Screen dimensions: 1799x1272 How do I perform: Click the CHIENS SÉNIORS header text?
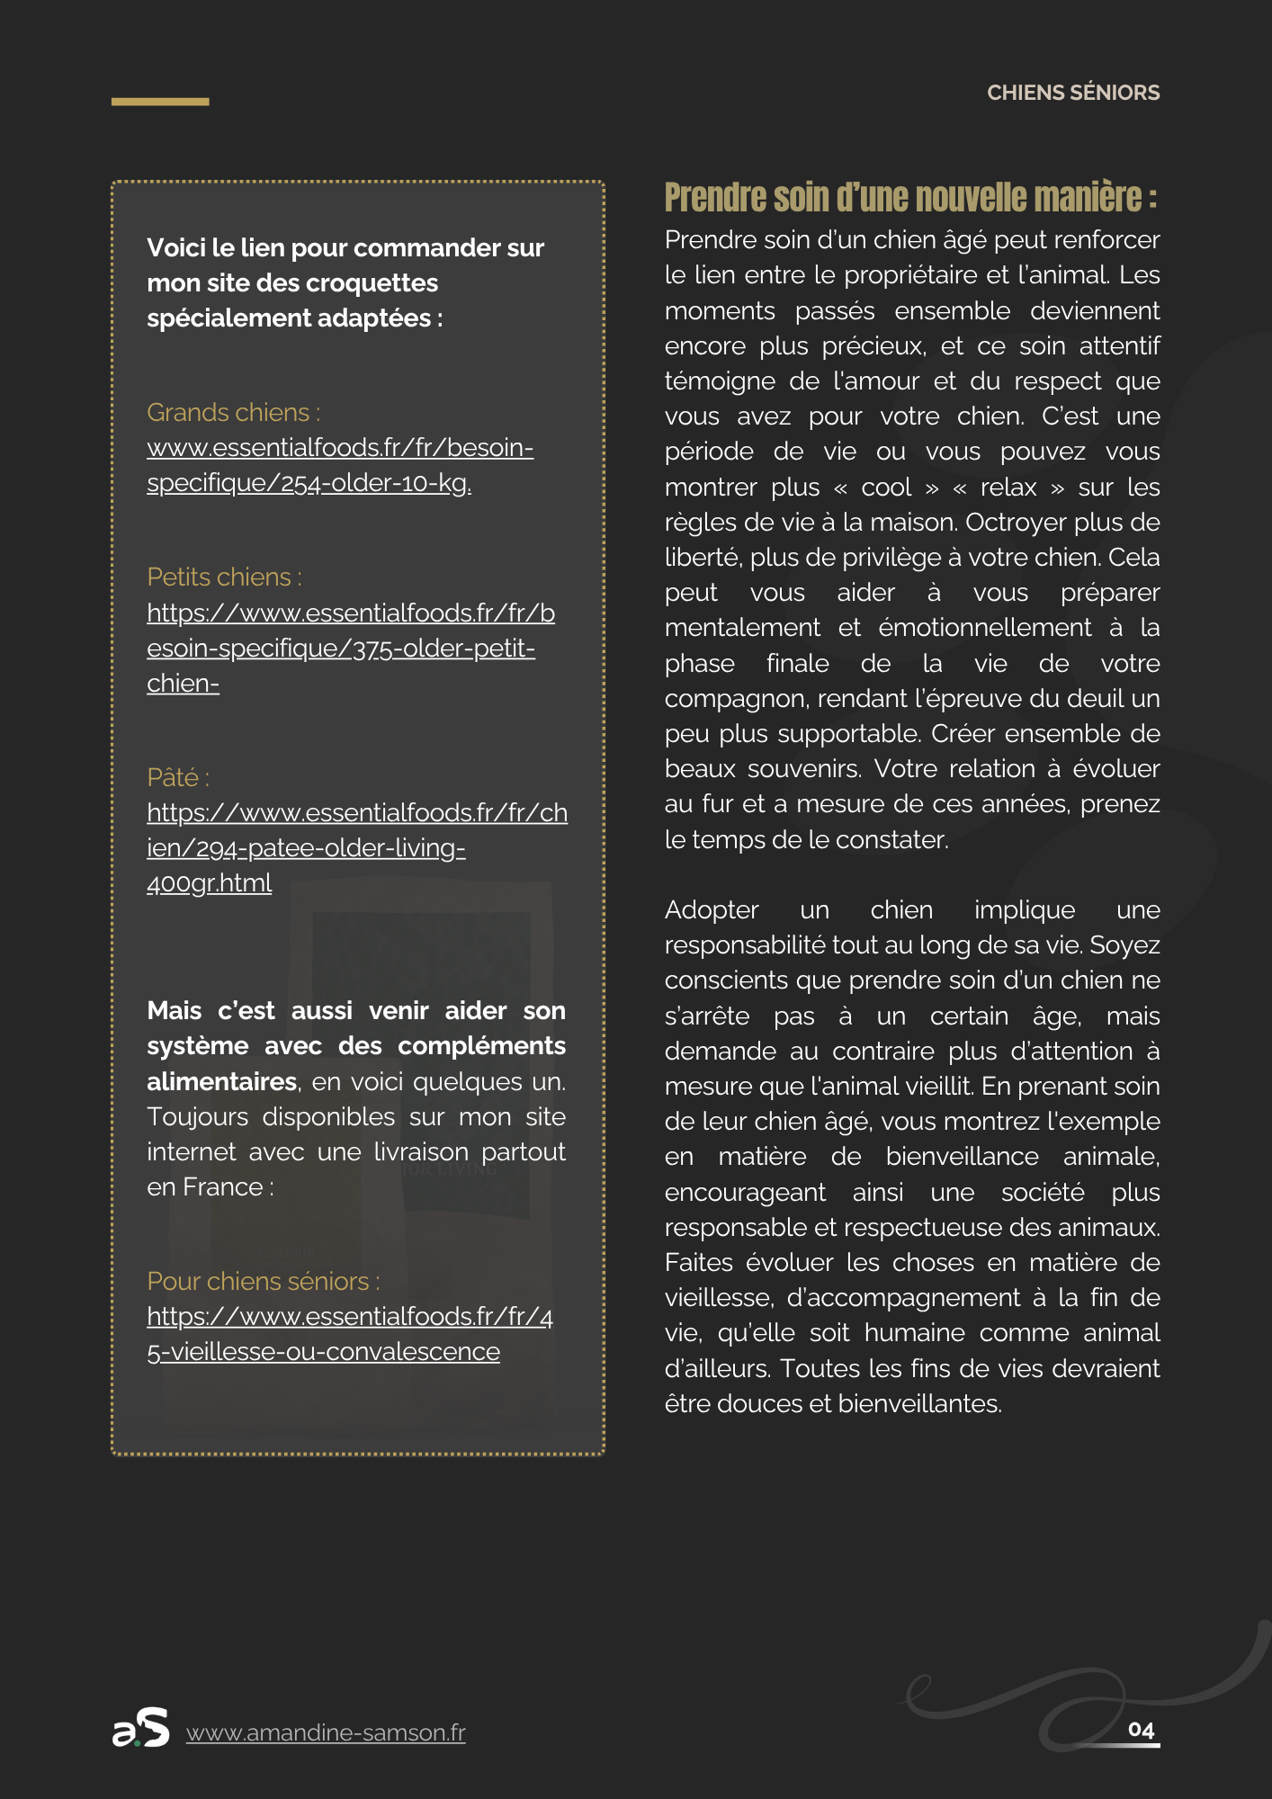click(1072, 93)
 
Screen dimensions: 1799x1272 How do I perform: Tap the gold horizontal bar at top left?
click(160, 102)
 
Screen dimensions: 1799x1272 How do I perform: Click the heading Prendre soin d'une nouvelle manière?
click(909, 197)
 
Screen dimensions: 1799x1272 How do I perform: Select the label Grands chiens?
click(233, 412)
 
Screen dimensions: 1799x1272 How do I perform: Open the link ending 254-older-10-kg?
click(340, 465)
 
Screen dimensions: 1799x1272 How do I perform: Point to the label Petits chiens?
click(224, 577)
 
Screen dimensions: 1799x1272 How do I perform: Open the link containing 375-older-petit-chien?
click(350, 648)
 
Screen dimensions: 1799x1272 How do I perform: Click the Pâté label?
click(177, 777)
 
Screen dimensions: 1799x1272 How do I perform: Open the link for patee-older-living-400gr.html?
click(356, 847)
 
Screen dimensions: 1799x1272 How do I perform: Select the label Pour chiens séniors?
click(263, 1281)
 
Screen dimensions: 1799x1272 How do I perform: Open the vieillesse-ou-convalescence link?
click(349, 1334)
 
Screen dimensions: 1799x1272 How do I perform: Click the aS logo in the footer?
click(141, 1728)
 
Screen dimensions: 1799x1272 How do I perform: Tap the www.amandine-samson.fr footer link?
click(326, 1732)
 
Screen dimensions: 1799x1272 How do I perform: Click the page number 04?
click(1141, 1730)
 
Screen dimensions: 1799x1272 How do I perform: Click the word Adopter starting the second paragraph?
click(711, 910)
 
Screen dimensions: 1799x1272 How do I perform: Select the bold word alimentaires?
click(221, 1081)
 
